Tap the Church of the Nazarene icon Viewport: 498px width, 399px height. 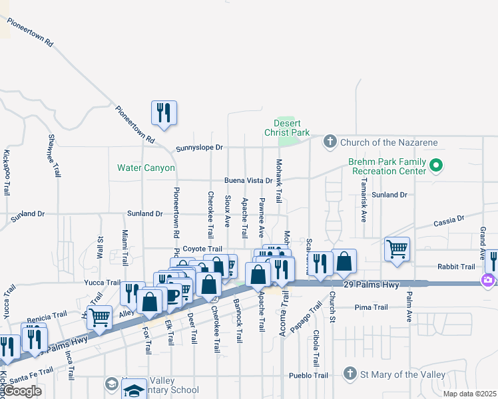(330, 142)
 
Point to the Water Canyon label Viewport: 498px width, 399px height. (146, 168)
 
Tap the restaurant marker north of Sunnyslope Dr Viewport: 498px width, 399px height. (163, 112)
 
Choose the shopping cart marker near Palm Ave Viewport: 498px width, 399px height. (397, 250)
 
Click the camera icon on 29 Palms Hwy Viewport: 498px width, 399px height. (489, 280)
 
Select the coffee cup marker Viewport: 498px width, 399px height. (172, 295)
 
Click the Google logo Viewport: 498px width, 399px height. (22, 391)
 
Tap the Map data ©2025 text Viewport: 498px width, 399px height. (469, 394)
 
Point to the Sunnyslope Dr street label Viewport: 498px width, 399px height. (199, 148)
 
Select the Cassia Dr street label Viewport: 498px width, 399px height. (449, 219)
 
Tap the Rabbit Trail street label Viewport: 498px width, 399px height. (456, 267)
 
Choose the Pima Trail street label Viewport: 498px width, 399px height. (372, 307)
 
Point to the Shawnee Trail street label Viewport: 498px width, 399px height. (53, 156)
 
